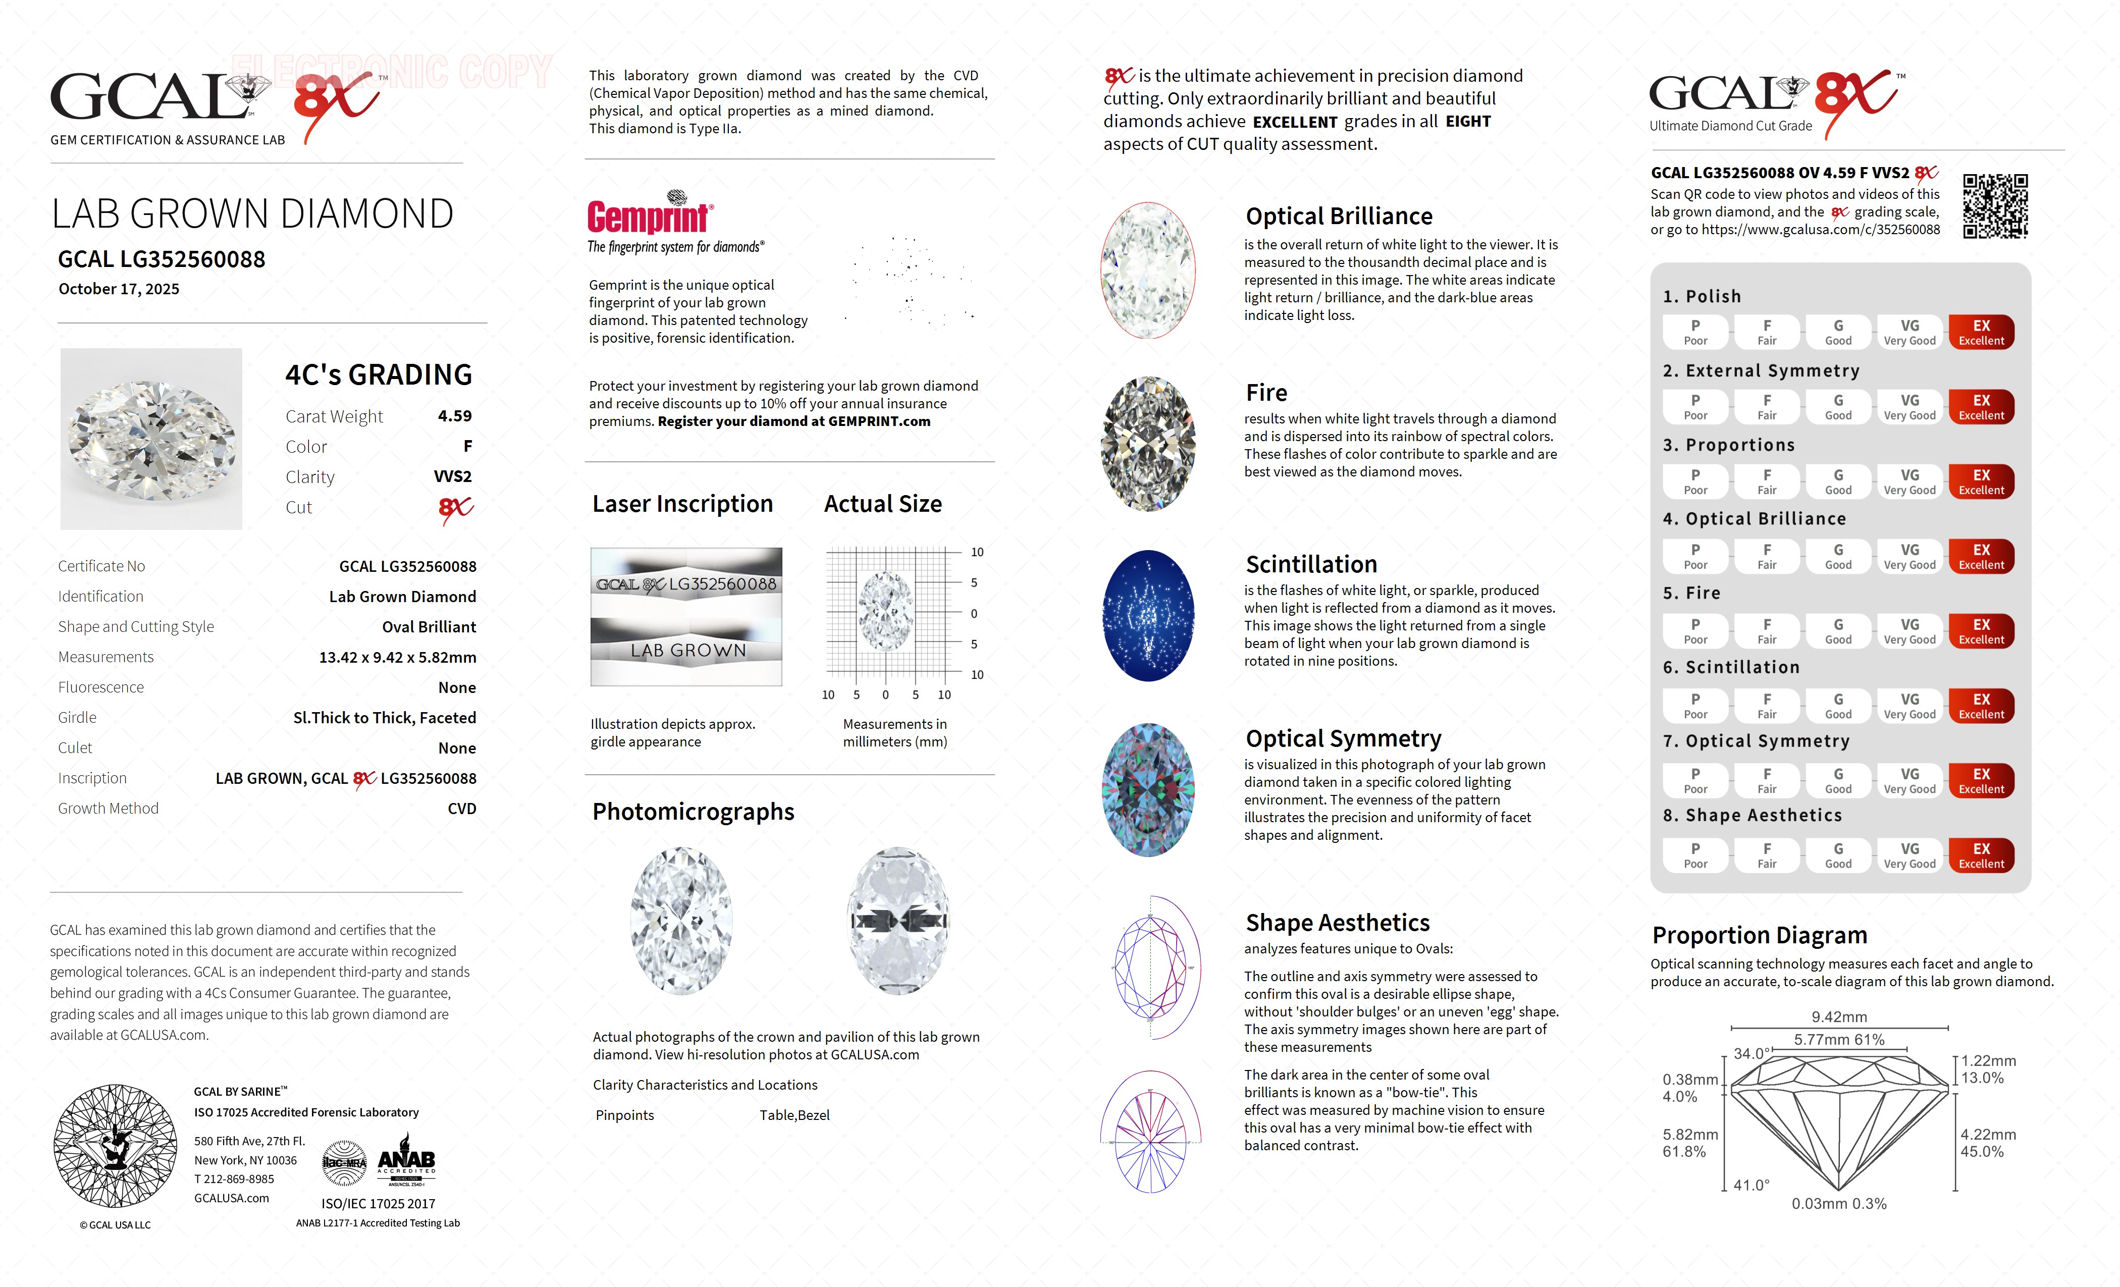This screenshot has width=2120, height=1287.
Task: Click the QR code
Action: point(1995,206)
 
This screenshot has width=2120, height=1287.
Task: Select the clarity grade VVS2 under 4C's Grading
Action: point(453,476)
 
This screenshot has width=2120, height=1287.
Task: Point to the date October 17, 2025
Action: point(119,289)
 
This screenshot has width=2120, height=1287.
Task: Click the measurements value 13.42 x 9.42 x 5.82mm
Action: point(398,657)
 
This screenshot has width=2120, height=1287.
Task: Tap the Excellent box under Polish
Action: point(1981,332)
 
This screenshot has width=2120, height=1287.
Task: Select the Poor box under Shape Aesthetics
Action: point(1695,855)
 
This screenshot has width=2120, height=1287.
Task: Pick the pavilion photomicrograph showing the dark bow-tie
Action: point(898,921)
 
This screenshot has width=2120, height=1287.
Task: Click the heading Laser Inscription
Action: point(682,504)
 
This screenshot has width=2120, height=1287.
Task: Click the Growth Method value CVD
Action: point(461,809)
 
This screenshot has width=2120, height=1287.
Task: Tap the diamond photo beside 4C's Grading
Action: point(151,439)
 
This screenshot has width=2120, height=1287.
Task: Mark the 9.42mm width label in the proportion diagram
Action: point(1839,1017)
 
